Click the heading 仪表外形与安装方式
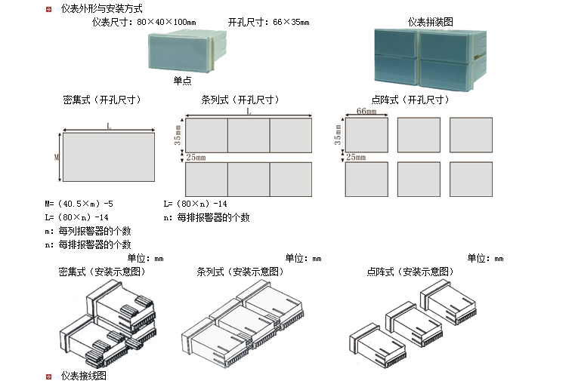tap(101, 9)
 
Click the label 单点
tap(181, 81)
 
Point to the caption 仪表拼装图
tap(430, 22)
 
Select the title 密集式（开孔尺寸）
tap(102, 100)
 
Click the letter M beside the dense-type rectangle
tap(56, 158)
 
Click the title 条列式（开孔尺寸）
tap(240, 100)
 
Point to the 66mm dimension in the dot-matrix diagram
tap(366, 112)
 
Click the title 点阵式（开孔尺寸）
tap(410, 100)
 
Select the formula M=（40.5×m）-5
tap(79, 204)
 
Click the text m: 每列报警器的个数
tap(88, 231)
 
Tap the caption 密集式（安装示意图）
tap(101, 272)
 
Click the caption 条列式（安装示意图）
tap(240, 272)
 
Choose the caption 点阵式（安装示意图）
tap(410, 272)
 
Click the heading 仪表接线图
tap(84, 375)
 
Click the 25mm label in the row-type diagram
tap(196, 157)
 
